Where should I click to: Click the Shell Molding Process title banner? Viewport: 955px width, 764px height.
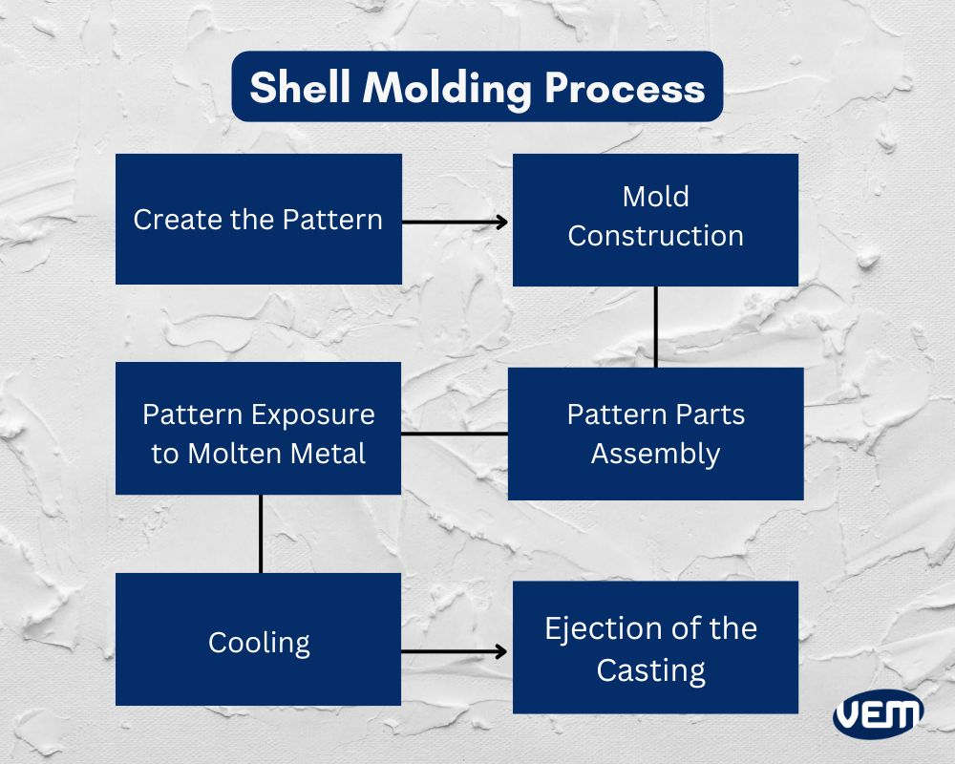tap(477, 87)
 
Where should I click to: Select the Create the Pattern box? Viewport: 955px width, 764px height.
tap(258, 219)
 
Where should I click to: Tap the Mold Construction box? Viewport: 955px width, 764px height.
tap(655, 219)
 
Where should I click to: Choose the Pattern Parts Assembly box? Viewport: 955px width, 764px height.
tap(655, 434)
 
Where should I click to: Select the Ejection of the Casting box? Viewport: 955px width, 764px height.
tap(655, 647)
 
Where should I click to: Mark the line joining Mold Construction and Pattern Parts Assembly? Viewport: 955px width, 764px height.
tap(656, 327)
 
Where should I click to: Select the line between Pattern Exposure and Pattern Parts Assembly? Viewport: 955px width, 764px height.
tap(455, 434)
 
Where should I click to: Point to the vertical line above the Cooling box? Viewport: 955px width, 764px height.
tap(261, 533)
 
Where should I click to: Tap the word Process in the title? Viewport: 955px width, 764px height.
tap(626, 88)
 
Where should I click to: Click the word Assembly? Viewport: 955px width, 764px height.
tap(655, 454)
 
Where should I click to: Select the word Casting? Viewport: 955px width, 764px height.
tap(651, 669)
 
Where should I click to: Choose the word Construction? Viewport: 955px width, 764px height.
tap(655, 236)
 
